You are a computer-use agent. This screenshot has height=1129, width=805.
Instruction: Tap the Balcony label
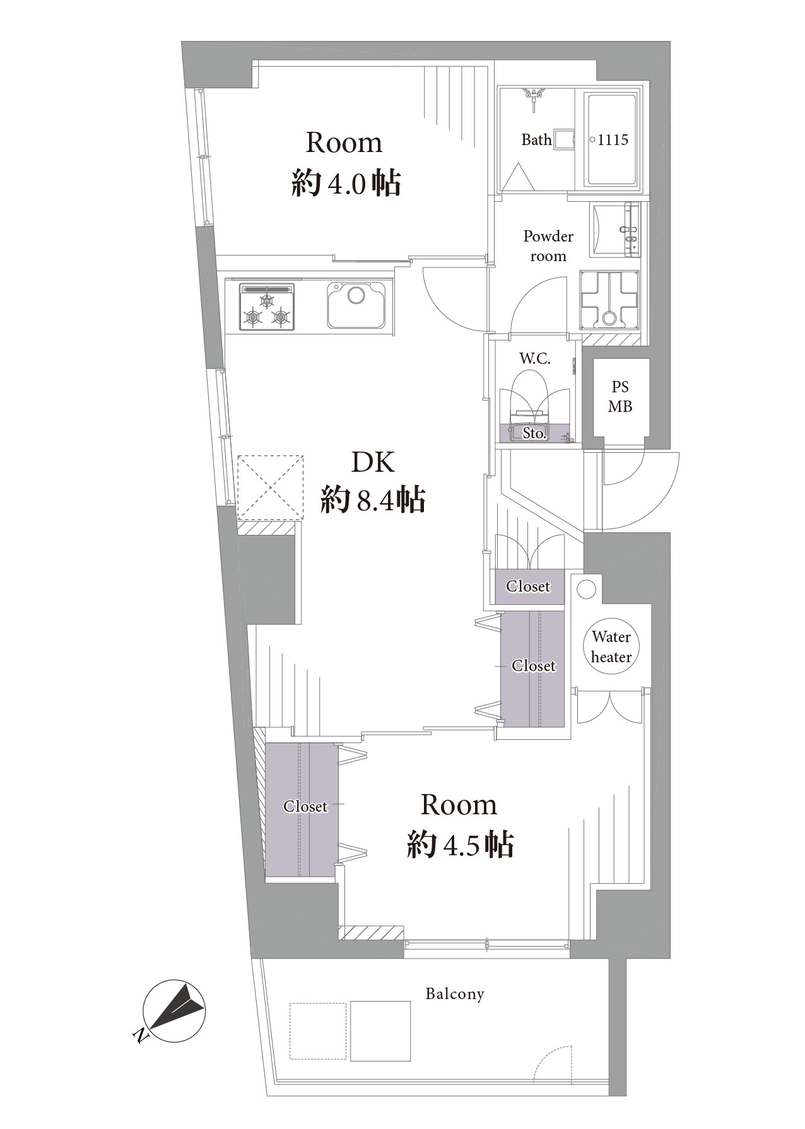(454, 995)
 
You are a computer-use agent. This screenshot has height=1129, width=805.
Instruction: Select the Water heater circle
(611, 647)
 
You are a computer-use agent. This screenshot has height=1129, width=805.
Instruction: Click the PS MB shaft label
(620, 397)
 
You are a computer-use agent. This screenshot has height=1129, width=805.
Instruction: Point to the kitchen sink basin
(356, 305)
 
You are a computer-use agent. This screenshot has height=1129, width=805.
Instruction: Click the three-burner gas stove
(267, 307)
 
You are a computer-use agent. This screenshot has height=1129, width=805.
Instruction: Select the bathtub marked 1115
(613, 139)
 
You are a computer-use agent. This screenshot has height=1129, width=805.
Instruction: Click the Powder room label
(548, 246)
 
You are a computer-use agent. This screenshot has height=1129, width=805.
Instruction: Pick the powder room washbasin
(614, 230)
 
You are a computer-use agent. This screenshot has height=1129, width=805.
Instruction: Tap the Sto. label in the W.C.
(534, 434)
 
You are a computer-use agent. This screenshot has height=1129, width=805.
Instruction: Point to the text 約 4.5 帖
(460, 844)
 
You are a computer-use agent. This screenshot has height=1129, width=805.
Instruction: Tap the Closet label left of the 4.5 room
(305, 806)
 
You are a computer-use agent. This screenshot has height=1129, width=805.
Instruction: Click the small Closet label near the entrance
(528, 587)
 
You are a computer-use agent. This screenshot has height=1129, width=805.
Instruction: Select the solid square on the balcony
(380, 1030)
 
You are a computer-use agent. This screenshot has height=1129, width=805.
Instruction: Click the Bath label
(536, 139)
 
